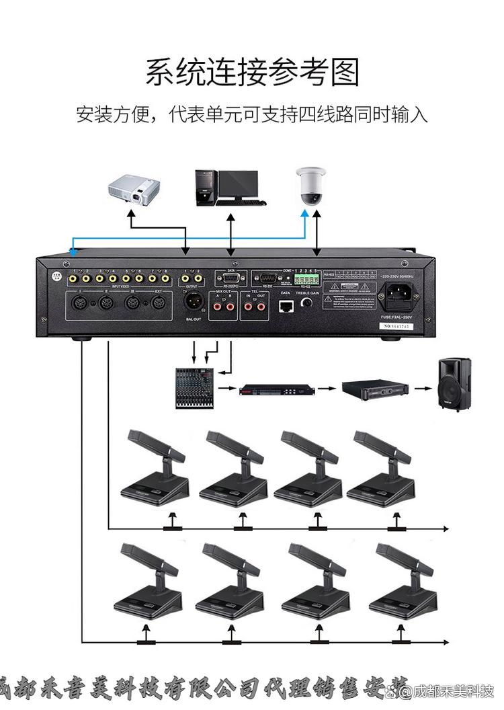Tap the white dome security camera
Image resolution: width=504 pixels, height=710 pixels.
(x=311, y=186)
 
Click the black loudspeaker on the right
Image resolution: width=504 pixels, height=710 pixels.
(x=454, y=385)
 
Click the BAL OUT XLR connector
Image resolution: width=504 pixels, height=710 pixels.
(x=194, y=301)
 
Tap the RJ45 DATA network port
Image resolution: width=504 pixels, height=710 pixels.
(x=285, y=306)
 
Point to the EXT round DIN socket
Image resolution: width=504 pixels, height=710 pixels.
(x=159, y=303)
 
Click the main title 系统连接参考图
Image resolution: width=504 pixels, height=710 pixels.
(x=252, y=72)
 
